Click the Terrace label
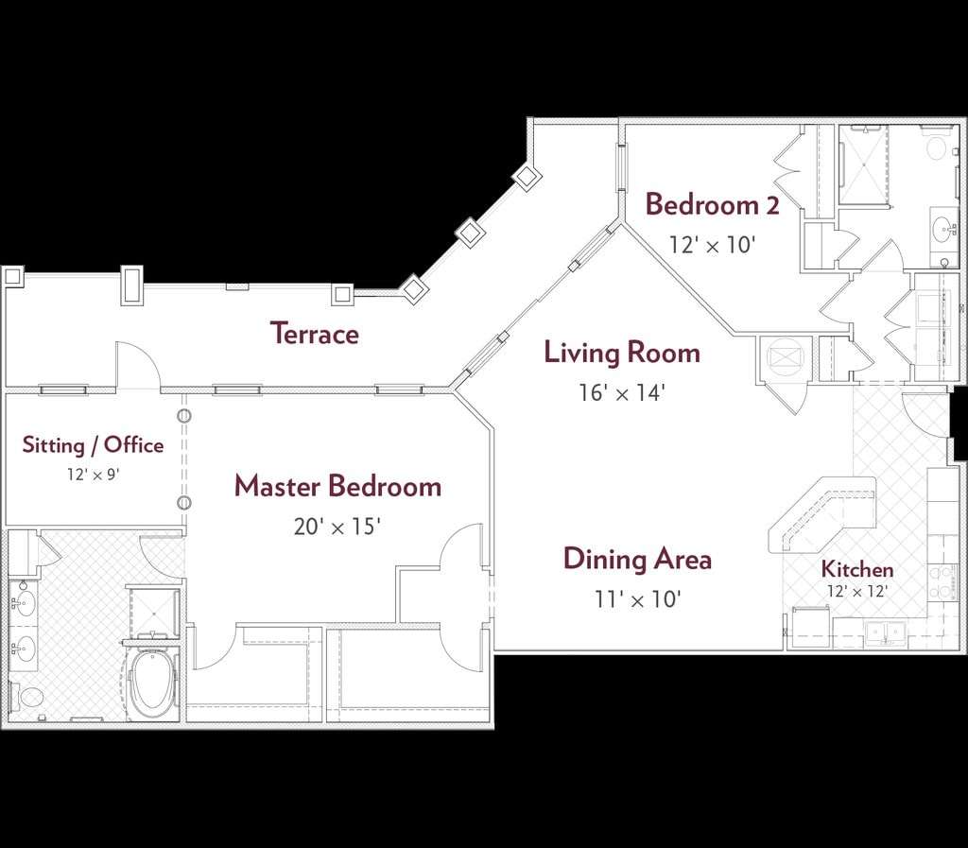click(315, 334)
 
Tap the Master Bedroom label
click(337, 486)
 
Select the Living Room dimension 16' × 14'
click(621, 392)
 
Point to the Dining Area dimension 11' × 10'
click(638, 598)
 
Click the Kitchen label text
click(857, 569)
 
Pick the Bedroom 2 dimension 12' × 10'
click(713, 245)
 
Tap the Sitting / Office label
click(94, 445)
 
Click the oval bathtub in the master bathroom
click(152, 682)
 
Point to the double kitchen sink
click(886, 632)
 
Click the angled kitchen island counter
click(822, 513)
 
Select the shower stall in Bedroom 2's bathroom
click(863, 164)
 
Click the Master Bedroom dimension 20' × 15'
click(337, 527)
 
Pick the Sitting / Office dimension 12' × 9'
click(94, 474)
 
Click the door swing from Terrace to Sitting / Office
click(138, 365)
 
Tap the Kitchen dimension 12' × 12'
click(857, 591)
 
